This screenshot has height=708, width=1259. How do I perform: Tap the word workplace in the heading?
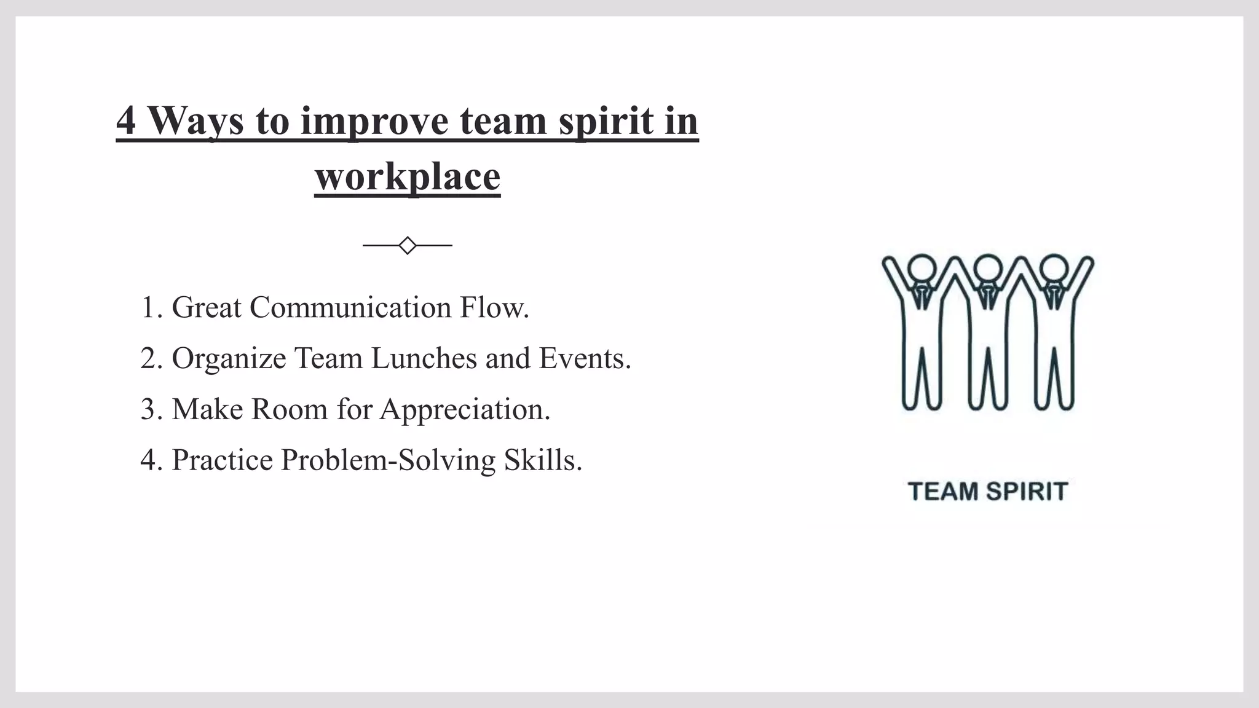(x=408, y=176)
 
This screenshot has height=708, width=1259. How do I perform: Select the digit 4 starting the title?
(x=125, y=120)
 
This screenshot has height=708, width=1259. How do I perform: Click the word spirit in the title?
(x=606, y=120)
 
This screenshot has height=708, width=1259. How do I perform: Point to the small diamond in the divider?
(x=408, y=245)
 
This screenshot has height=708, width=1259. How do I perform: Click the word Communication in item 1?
(x=350, y=307)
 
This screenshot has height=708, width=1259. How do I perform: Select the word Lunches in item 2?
(x=424, y=358)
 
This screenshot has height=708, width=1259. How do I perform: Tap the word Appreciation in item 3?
(x=465, y=409)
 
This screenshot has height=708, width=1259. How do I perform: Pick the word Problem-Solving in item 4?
(x=388, y=460)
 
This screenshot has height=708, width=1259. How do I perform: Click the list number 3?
(x=149, y=409)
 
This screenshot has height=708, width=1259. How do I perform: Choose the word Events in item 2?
(x=584, y=358)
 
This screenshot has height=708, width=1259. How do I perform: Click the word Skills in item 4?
(x=542, y=460)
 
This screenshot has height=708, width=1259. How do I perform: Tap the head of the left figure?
(x=922, y=269)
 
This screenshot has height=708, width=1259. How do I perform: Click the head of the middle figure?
(x=988, y=269)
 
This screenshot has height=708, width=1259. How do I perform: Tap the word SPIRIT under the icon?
(x=1027, y=492)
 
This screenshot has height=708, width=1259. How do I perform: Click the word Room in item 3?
(x=290, y=409)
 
